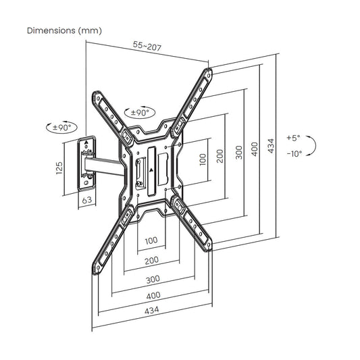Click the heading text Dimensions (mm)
point(64,30)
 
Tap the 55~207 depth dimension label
point(147,46)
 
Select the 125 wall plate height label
point(59,168)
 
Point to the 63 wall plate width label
point(87,200)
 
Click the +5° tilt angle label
point(293,138)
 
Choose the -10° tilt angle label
point(294,153)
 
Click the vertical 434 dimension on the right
point(271,146)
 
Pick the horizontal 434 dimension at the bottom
point(152,310)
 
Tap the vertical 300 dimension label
point(239,152)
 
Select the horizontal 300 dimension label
point(153,280)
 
